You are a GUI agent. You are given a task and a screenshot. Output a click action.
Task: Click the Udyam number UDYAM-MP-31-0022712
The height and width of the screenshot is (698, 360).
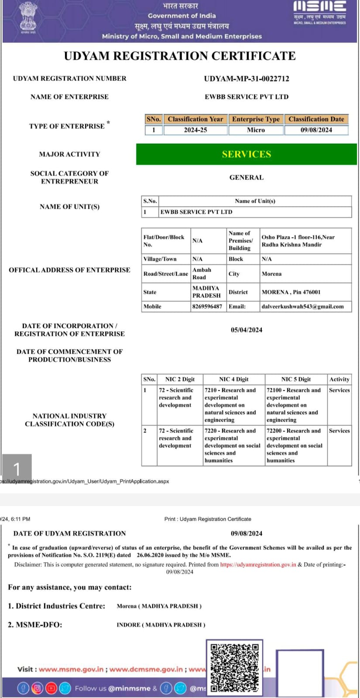coord(247,79)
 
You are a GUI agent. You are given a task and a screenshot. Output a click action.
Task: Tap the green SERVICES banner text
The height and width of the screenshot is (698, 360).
coord(247,154)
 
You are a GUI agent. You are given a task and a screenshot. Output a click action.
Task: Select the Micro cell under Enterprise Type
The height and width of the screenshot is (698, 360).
coord(256,130)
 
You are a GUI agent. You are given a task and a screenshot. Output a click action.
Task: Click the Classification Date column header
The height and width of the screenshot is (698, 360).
coord(316,119)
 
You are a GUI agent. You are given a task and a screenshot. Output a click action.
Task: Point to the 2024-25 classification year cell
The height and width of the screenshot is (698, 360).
coord(195,130)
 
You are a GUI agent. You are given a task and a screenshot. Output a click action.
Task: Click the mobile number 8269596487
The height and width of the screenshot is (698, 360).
coord(207,307)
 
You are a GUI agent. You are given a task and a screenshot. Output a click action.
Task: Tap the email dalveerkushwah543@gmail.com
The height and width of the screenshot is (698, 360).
coord(303,307)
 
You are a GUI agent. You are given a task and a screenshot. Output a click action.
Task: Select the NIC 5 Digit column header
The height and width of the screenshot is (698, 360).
coord(296,379)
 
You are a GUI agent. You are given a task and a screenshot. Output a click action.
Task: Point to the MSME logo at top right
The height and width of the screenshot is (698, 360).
coord(320,12)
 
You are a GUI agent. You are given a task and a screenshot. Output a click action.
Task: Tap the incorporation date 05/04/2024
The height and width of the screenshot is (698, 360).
coord(247,330)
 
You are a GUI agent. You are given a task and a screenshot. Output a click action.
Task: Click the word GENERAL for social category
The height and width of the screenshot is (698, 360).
coord(247,178)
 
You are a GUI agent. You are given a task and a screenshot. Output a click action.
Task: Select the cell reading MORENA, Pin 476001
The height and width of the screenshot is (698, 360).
coord(291,292)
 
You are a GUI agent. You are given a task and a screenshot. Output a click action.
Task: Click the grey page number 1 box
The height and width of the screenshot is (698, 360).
coord(17,469)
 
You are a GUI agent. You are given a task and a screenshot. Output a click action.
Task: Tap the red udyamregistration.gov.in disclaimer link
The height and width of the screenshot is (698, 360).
coord(258,565)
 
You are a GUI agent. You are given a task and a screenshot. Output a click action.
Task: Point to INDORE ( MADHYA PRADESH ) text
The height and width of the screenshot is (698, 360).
coord(161,625)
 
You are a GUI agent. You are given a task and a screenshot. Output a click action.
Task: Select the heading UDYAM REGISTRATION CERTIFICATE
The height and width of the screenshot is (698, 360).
coord(180,56)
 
